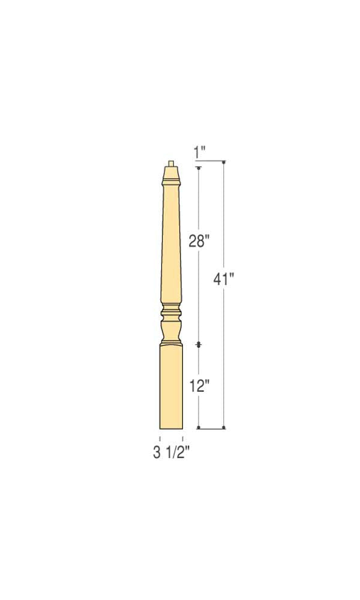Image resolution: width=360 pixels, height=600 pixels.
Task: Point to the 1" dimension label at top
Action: pyautogui.click(x=200, y=153)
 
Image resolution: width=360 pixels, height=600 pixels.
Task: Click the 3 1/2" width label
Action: pyautogui.click(x=171, y=452)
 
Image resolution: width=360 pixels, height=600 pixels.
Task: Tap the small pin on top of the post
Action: pyautogui.click(x=172, y=163)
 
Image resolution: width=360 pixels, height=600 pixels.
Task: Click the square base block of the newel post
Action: pyautogui.click(x=171, y=387)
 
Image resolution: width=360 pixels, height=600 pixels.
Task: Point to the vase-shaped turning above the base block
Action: pyautogui.click(x=171, y=330)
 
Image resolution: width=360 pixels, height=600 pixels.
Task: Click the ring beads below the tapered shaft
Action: pyautogui.click(x=171, y=312)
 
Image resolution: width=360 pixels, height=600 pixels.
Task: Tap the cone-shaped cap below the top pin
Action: pyautogui.click(x=172, y=175)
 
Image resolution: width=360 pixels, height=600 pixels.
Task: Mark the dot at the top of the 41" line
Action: pyautogui.click(x=224, y=162)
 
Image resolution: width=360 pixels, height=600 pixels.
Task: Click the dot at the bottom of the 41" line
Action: pyautogui.click(x=224, y=428)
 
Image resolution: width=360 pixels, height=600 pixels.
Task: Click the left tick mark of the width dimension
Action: pyautogui.click(x=160, y=440)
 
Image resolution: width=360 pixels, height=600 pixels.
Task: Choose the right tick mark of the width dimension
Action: pyautogui.click(x=182, y=440)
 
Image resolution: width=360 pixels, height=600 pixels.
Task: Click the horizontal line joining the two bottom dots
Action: pyautogui.click(x=212, y=428)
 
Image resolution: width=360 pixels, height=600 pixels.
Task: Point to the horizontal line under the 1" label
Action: pyautogui.click(x=210, y=162)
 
